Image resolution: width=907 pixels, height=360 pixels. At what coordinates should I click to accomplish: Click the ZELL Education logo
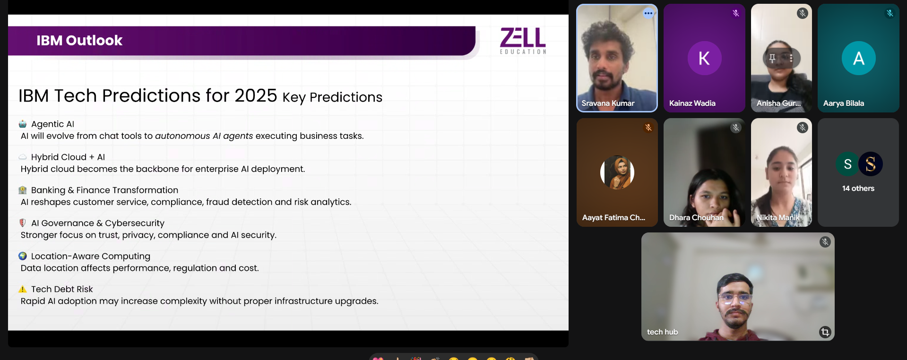click(x=523, y=41)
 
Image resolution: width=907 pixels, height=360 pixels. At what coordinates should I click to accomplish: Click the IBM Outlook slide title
click(x=79, y=41)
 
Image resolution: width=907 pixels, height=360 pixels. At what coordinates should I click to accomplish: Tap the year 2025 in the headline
click(x=256, y=95)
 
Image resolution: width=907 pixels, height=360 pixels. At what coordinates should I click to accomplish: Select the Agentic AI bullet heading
click(x=52, y=124)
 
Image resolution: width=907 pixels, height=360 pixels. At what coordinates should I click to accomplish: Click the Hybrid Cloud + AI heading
click(x=68, y=157)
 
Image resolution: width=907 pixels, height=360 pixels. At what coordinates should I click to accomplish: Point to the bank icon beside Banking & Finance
click(x=23, y=190)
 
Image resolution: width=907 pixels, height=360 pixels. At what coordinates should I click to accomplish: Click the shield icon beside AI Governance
click(x=22, y=223)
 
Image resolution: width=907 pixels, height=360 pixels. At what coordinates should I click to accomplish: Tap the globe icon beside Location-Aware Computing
click(x=23, y=256)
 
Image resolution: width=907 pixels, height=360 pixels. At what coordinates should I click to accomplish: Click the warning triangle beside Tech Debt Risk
click(x=23, y=289)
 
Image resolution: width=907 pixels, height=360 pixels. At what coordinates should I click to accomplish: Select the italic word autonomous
click(x=182, y=136)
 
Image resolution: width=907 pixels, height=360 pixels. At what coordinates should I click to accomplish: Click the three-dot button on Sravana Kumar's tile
click(x=648, y=13)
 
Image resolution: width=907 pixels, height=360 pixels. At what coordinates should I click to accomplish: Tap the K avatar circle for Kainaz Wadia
click(x=704, y=58)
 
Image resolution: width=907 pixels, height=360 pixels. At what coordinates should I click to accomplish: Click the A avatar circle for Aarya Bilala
click(x=859, y=58)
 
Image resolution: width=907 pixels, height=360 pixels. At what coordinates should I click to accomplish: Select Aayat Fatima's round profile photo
click(x=617, y=172)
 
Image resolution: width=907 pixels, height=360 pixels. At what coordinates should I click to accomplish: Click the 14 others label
click(x=858, y=189)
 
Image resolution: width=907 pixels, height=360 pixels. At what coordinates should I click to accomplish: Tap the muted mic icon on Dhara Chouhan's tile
click(x=736, y=128)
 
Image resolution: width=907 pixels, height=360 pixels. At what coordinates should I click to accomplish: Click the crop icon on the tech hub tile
click(x=825, y=332)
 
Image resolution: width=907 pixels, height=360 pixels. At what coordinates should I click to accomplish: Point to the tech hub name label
click(x=663, y=332)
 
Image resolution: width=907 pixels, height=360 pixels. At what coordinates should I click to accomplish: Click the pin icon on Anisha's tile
click(x=772, y=58)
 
